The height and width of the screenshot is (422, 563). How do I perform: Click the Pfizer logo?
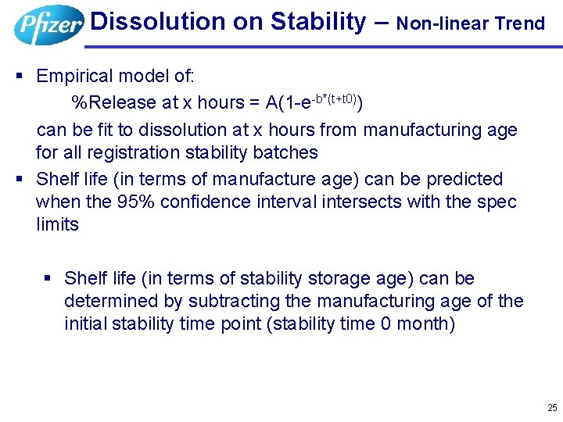click(48, 25)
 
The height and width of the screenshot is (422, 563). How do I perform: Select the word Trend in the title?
click(522, 23)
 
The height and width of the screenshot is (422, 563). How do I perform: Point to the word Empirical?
click(75, 76)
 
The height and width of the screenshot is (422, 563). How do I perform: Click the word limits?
click(57, 224)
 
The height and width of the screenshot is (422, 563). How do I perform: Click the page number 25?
click(552, 407)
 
